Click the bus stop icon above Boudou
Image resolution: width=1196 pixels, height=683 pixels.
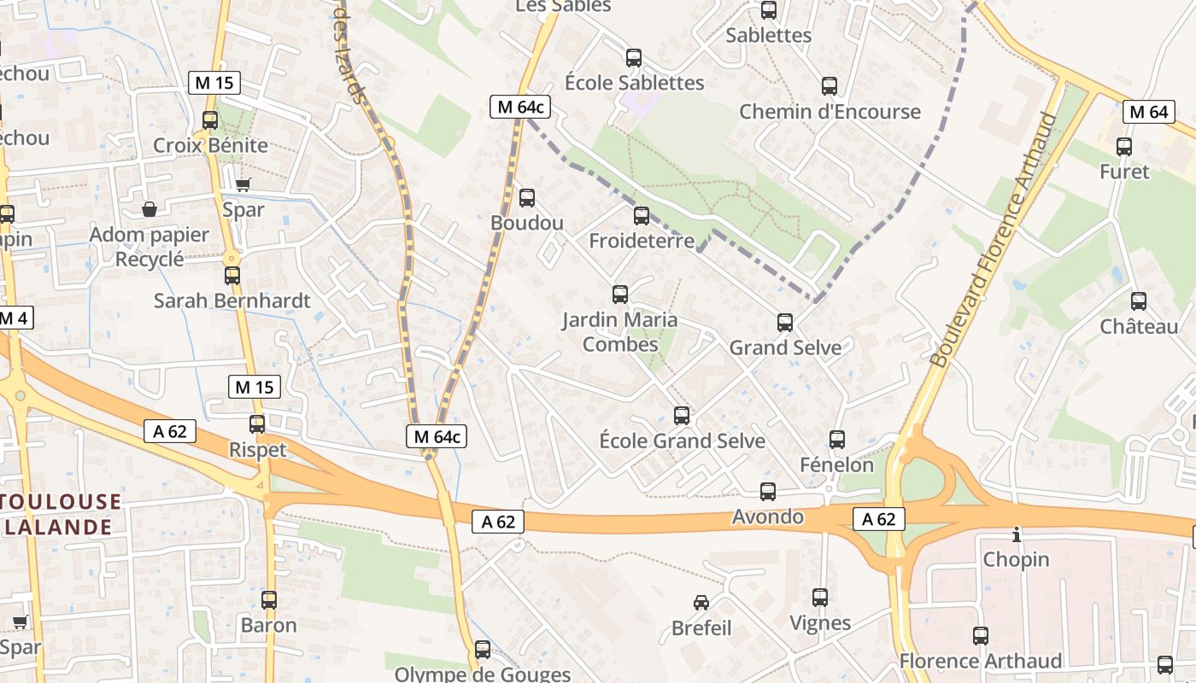527,198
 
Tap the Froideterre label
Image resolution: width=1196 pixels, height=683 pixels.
642,241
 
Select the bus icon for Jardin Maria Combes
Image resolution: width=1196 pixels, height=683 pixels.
620,295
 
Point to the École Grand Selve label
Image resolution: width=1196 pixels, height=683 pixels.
682,441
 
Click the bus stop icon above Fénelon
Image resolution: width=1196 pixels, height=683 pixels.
837,440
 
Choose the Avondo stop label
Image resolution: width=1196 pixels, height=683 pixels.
768,517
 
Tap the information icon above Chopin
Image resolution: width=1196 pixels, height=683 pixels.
1016,535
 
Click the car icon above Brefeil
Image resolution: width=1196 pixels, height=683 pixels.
701,603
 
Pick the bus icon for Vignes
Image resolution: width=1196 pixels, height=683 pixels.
820,598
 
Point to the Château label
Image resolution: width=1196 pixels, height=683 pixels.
1139,326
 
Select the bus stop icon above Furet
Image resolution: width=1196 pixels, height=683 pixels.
1124,147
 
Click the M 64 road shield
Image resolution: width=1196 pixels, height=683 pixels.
1149,111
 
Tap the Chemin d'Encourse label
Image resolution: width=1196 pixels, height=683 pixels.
830,112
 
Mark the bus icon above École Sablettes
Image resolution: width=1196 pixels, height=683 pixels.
634,58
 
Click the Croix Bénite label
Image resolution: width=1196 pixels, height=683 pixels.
210,145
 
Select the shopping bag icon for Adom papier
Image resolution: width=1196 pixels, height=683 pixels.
149,209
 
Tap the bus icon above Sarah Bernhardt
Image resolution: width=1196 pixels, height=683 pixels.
232,276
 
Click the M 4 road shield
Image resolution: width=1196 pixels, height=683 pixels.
15,318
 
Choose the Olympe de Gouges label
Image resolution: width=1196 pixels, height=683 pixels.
483,674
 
